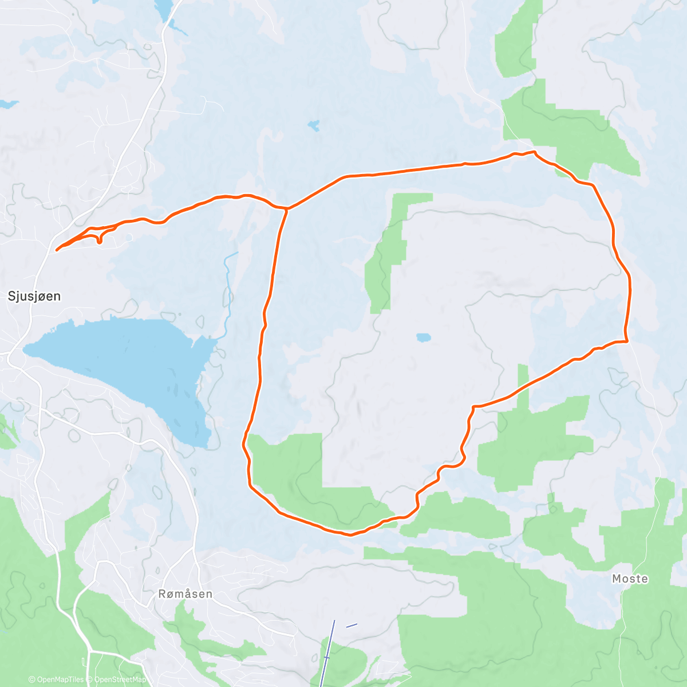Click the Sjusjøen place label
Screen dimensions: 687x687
[34, 297]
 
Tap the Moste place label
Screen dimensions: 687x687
[630, 579]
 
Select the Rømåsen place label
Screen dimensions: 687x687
[185, 594]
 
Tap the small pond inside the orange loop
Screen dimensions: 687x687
[423, 338]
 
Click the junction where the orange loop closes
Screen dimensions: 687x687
[286, 209]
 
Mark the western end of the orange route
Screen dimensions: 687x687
[56, 250]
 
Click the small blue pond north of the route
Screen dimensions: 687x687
[313, 125]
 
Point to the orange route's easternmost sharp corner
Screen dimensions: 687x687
[627, 341]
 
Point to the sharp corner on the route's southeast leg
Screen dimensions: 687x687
[473, 406]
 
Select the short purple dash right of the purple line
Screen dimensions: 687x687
[352, 626]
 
